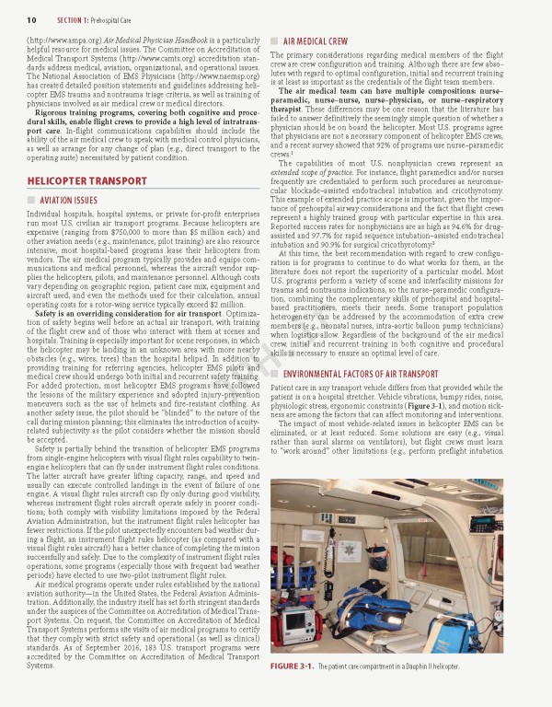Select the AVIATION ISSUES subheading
[68, 200]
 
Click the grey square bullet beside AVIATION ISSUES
[30, 200]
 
